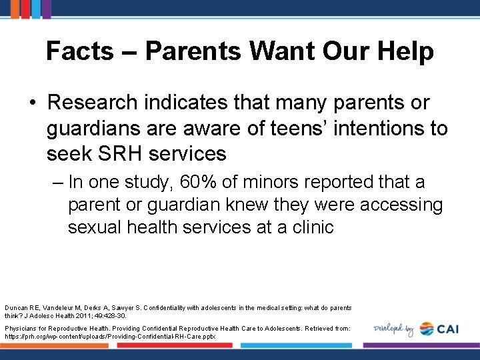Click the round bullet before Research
click(x=33, y=103)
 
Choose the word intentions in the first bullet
click(x=357, y=128)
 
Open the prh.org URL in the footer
click(x=101, y=337)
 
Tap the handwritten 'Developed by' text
click(x=394, y=329)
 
